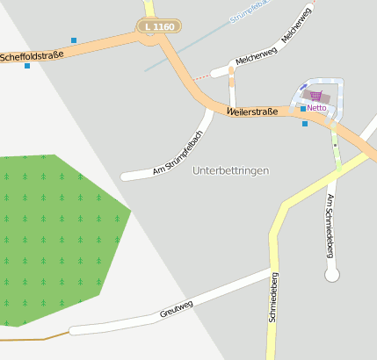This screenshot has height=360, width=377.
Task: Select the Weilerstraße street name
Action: pos(252,112)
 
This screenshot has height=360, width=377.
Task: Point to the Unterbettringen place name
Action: pos(230,170)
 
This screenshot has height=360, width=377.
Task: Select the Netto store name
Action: pos(316,107)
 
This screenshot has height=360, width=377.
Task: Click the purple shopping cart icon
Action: pos(315,96)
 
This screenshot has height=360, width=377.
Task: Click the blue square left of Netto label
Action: pos(303,108)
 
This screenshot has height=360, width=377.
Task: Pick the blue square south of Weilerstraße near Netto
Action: pos(305,124)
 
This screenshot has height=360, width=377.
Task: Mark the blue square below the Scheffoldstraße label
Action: pos(27,66)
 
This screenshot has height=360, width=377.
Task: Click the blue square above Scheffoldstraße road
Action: pos(74,40)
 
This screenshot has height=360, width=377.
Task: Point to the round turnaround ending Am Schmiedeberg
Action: pos(332,276)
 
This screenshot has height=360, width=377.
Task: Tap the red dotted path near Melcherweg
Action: pos(202,76)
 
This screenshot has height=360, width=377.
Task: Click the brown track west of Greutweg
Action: pos(35,337)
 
